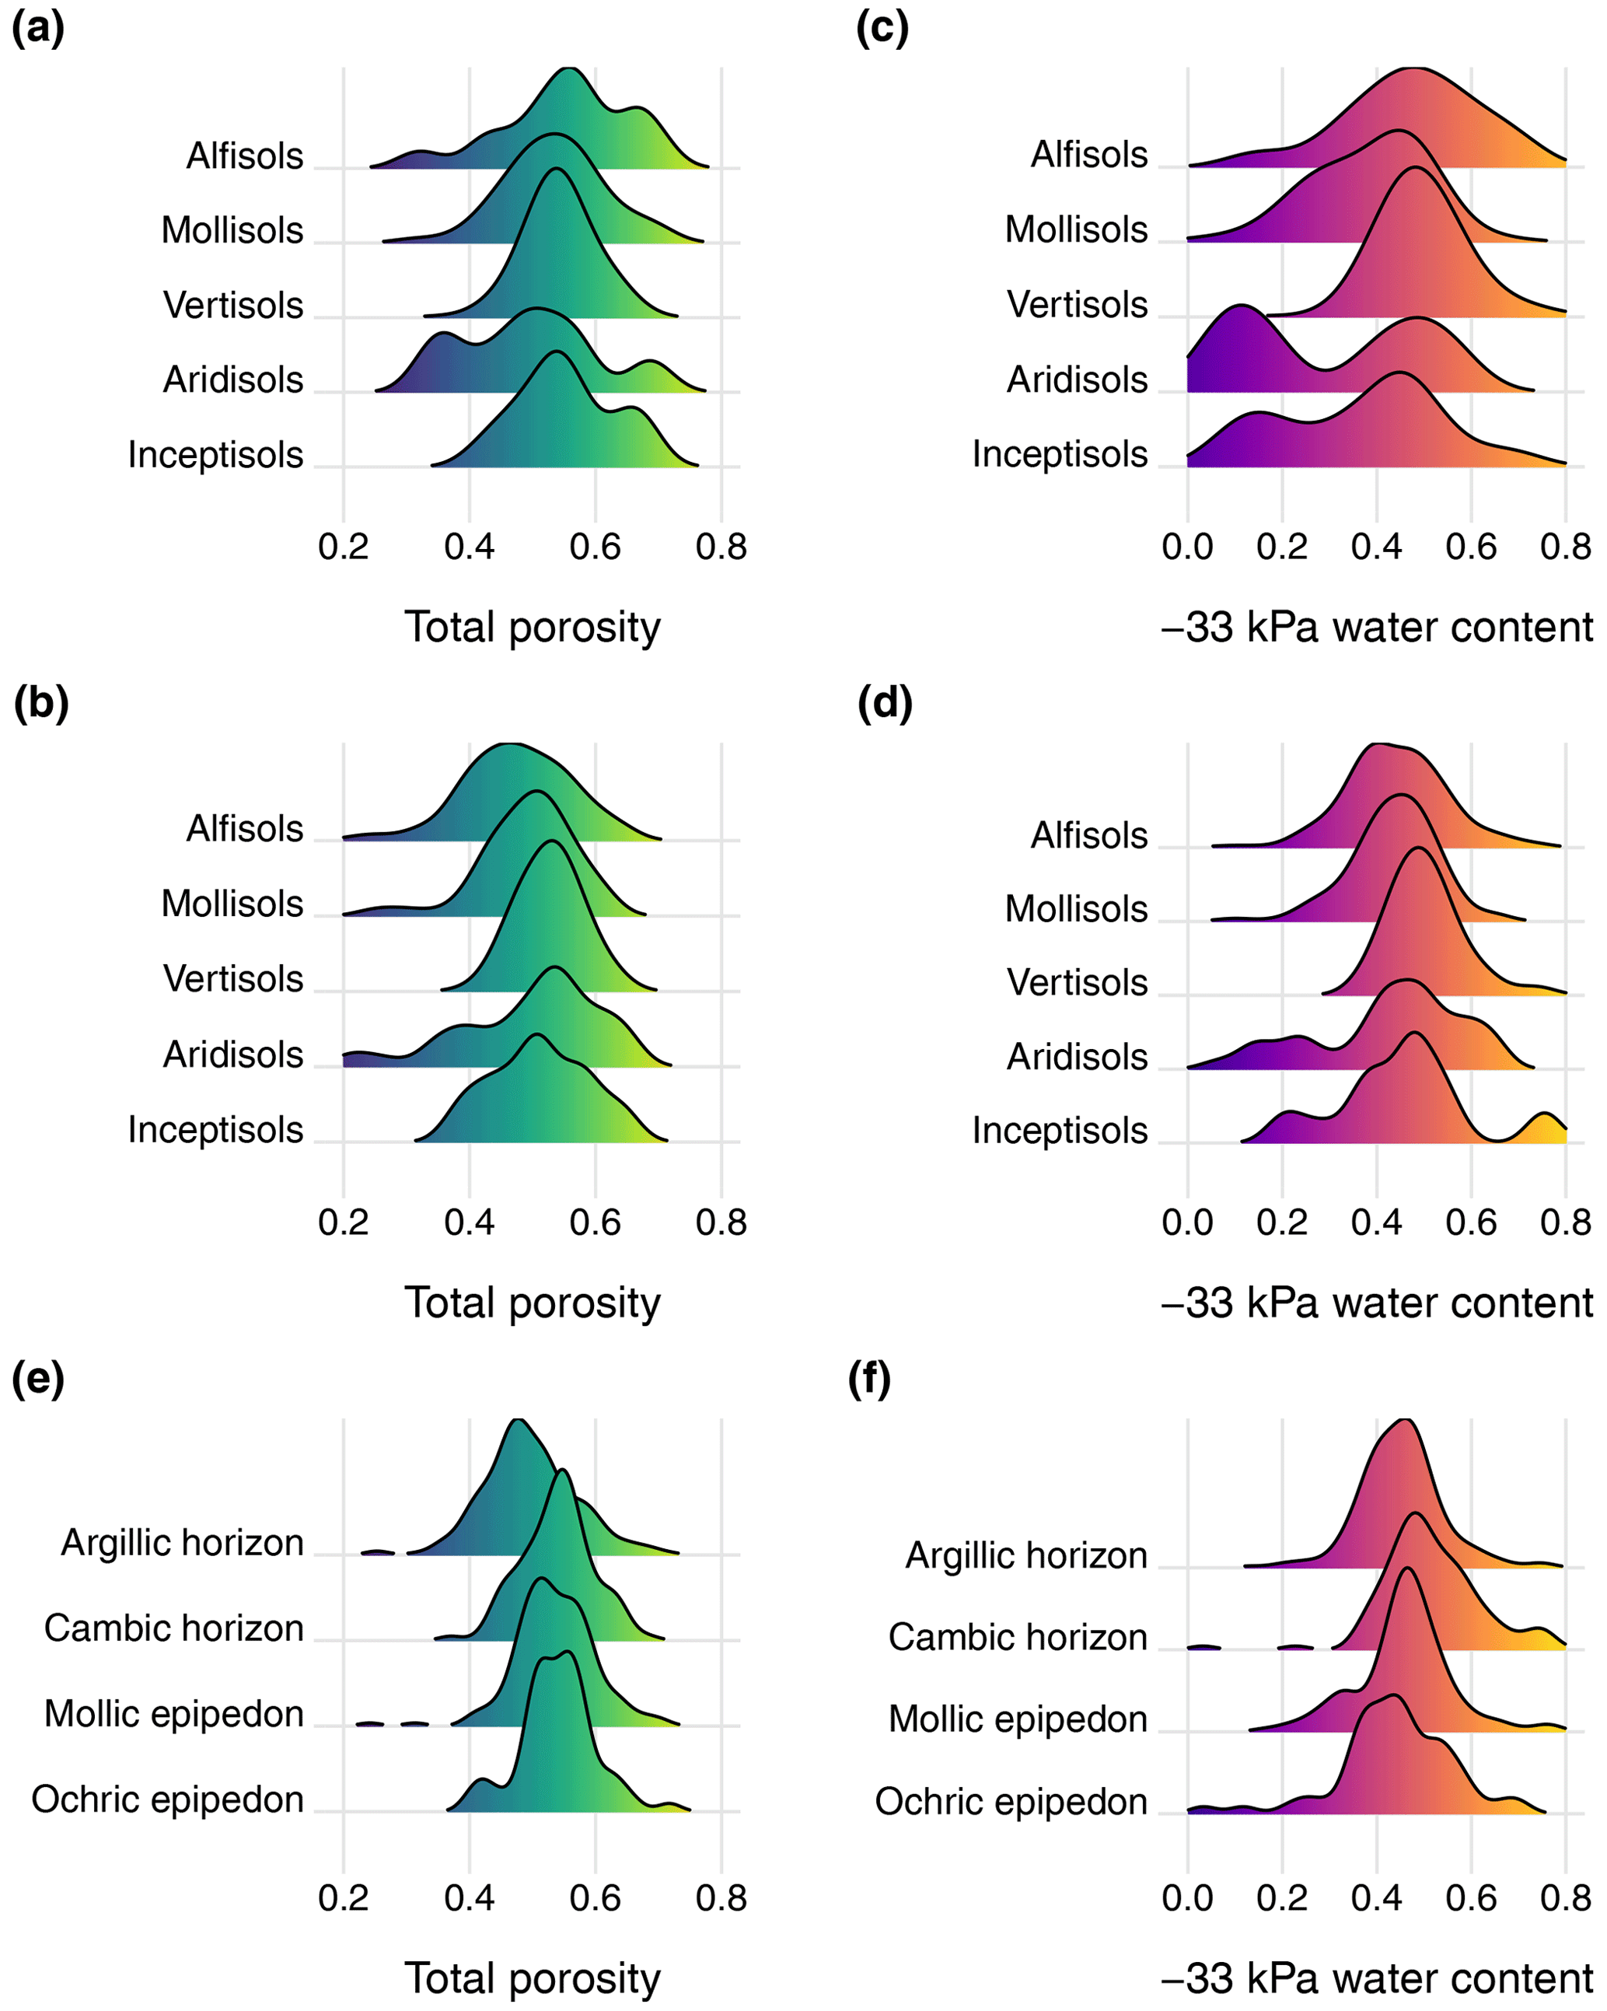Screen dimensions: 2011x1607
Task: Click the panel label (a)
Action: click(x=37, y=29)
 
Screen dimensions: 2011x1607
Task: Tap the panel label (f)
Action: click(x=869, y=1379)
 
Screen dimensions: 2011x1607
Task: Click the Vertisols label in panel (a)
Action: click(x=233, y=305)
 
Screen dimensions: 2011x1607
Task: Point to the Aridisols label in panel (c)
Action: click(x=1078, y=379)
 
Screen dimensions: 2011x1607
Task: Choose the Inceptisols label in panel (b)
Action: click(x=215, y=1130)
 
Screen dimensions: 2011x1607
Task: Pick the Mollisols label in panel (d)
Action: click(x=1076, y=908)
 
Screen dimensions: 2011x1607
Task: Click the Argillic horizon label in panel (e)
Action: click(x=183, y=1543)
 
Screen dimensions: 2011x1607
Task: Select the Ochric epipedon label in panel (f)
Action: click(x=1011, y=1801)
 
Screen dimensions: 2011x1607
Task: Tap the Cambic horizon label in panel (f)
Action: click(x=1018, y=1637)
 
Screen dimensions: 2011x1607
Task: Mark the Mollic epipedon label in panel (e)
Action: click(x=174, y=1713)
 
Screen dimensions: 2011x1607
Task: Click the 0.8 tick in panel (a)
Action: click(x=721, y=547)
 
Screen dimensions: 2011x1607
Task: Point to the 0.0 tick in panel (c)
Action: click(x=1187, y=547)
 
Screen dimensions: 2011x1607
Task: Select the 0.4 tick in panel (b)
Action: click(x=469, y=1222)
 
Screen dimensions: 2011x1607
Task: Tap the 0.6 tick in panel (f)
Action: click(x=1471, y=1897)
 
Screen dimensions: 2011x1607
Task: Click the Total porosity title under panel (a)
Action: click(x=533, y=627)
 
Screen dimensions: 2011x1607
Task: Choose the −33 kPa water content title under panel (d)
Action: click(x=1377, y=1302)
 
